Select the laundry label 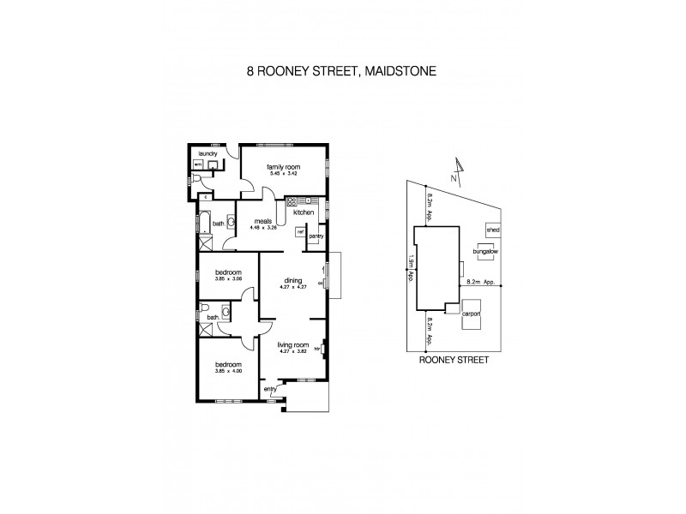(208, 154)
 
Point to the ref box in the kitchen (301, 230)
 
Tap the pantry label (315, 236)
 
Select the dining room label (292, 280)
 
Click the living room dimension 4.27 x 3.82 (292, 352)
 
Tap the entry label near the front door (270, 388)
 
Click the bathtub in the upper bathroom (204, 224)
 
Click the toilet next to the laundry (197, 179)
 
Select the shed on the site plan (492, 230)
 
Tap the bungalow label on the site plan (485, 252)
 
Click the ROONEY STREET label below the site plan (453, 362)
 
